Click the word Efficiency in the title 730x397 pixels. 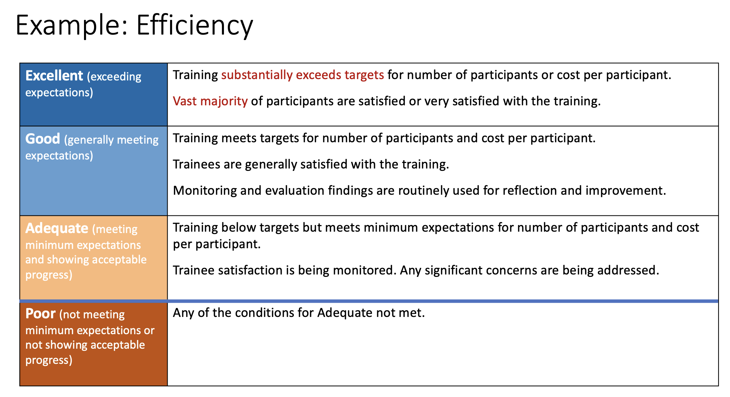[195, 26]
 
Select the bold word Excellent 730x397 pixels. [54, 76]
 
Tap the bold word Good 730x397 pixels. [43, 139]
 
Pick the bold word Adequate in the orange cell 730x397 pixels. [57, 228]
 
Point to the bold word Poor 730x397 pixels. [40, 313]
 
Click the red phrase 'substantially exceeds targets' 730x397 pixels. [302, 75]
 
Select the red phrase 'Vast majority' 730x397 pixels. [210, 101]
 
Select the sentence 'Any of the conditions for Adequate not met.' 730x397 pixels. [299, 313]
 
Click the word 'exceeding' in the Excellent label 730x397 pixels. [114, 77]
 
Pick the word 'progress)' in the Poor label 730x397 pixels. [49, 360]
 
